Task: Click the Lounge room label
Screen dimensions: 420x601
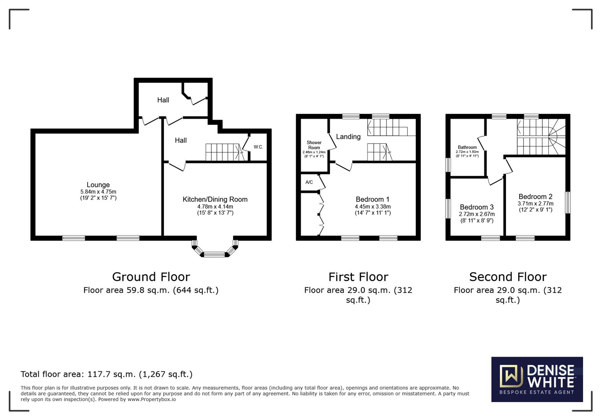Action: click(x=98, y=185)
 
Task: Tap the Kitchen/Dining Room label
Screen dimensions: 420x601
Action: click(x=215, y=199)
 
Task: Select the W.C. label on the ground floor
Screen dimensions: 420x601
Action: click(x=258, y=147)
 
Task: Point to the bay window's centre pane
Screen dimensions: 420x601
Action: click(x=214, y=255)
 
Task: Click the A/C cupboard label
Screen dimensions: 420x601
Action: click(x=309, y=182)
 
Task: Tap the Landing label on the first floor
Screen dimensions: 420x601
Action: click(x=348, y=137)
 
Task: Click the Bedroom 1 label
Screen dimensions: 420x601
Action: click(x=372, y=199)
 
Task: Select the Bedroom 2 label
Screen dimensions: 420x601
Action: click(x=535, y=197)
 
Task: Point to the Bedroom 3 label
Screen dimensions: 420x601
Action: click(x=476, y=207)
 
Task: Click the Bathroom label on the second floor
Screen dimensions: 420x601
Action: click(x=467, y=147)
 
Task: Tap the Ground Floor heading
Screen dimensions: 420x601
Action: click(x=151, y=277)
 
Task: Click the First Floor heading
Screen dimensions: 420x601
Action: click(x=358, y=277)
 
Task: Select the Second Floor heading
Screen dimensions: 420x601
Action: click(x=508, y=277)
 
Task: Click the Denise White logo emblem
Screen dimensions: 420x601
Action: click(x=511, y=376)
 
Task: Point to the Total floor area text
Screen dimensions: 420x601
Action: click(x=106, y=374)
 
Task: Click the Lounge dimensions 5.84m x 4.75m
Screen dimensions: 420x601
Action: click(x=98, y=192)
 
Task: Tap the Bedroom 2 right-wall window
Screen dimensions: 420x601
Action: click(x=568, y=202)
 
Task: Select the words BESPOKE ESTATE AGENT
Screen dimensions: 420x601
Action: click(x=537, y=392)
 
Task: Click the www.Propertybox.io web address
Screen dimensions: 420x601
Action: click(x=151, y=399)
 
